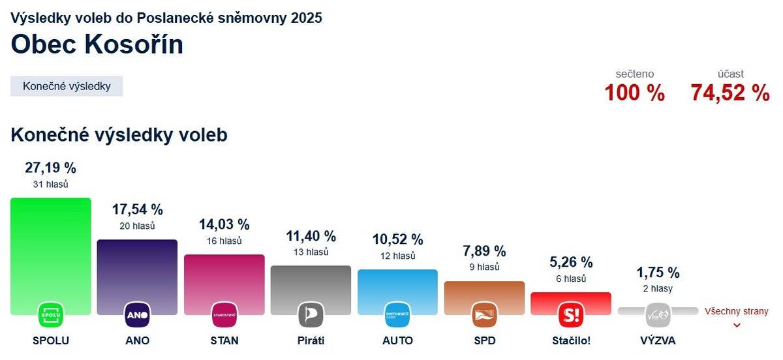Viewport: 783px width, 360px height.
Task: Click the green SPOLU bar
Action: [51, 248]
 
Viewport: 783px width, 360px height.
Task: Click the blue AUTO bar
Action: [397, 284]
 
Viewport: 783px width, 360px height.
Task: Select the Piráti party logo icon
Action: [311, 316]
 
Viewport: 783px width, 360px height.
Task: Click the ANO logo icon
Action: [137, 316]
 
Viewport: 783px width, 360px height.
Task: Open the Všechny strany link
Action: [737, 312]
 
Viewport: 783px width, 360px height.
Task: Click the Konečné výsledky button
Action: [67, 86]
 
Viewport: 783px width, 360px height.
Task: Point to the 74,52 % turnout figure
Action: [730, 93]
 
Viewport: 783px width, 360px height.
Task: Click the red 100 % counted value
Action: [634, 93]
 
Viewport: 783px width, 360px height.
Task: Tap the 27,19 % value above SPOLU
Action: [51, 168]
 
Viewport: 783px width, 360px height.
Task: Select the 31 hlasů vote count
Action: [51, 185]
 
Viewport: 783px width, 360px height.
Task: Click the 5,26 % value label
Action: [571, 262]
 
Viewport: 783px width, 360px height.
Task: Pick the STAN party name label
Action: [224, 340]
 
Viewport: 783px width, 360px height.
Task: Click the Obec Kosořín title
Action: [97, 44]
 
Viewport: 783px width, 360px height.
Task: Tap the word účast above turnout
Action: [730, 74]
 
